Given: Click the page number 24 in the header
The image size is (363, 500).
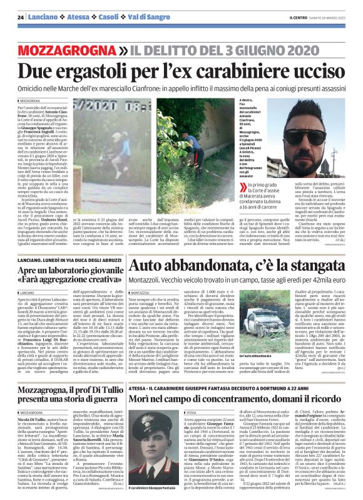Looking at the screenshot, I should (x=21, y=17).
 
